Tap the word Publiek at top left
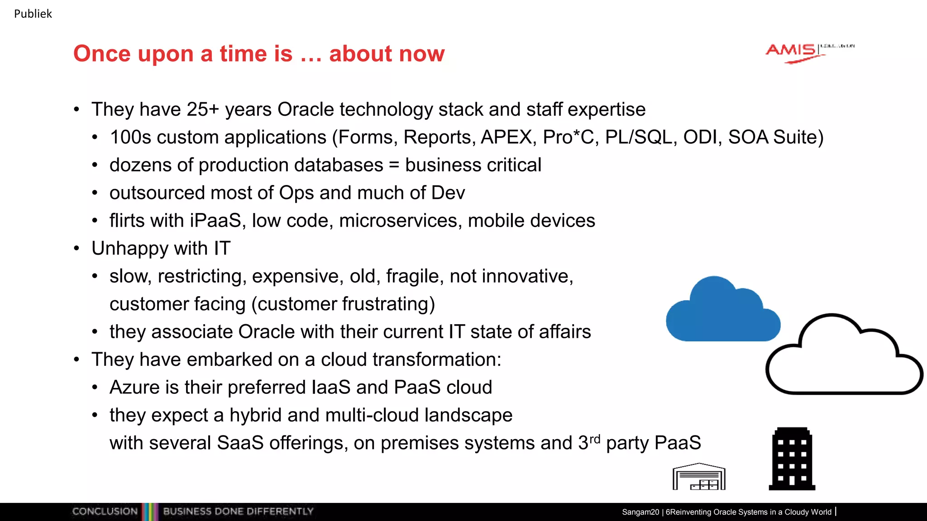coord(33,14)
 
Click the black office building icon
coord(792,459)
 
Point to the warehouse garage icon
coord(699,477)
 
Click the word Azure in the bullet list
coord(134,388)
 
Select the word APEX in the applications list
coord(507,137)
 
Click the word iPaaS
coord(215,221)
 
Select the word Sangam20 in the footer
coord(640,512)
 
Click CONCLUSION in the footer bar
coord(105,512)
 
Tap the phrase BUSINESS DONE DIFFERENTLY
coord(238,512)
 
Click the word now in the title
coord(422,54)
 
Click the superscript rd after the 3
coord(595,439)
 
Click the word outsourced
coord(157,193)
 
